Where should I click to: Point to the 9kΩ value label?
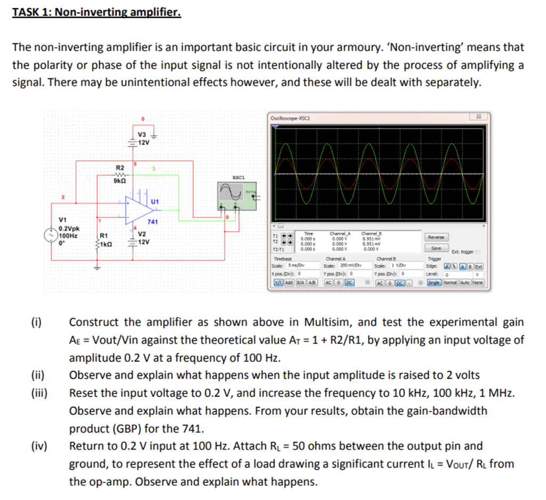pos(120,181)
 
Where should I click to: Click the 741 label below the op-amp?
pos(152,222)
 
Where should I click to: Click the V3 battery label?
pos(142,134)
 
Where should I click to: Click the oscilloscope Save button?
pos(436,248)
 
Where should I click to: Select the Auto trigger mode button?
pos(465,282)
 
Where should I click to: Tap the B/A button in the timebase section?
pos(300,282)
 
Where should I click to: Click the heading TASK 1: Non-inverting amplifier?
pos(97,11)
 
